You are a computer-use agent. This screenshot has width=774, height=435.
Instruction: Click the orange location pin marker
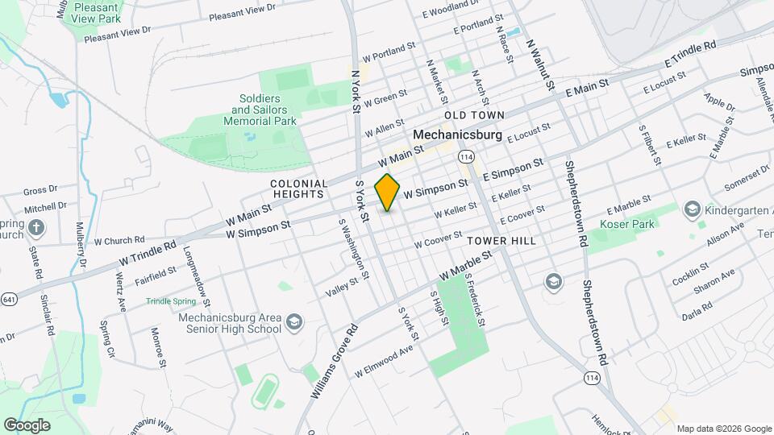(388, 193)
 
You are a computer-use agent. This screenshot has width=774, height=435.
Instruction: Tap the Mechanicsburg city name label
(457, 135)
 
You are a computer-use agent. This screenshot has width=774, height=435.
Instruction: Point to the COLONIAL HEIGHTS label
(298, 188)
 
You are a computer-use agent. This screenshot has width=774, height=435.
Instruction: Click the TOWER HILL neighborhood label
(501, 241)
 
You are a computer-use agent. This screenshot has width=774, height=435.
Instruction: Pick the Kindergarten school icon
(692, 210)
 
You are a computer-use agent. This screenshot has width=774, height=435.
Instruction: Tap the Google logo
(27, 425)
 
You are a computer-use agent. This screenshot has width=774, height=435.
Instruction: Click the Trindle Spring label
(170, 301)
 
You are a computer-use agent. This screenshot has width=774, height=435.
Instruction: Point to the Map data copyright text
(723, 428)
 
